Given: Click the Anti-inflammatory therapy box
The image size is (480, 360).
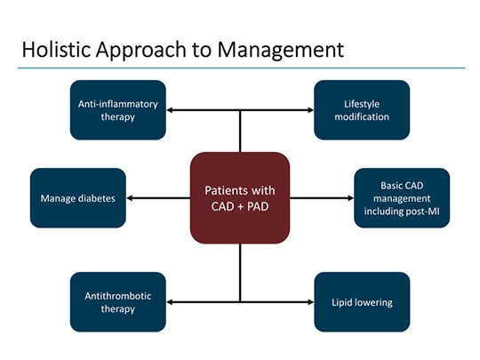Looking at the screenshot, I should (x=117, y=110).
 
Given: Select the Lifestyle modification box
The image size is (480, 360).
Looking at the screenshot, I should (x=362, y=110).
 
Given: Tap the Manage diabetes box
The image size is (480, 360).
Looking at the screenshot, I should (x=77, y=197).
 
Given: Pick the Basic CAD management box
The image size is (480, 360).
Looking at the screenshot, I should (x=402, y=197).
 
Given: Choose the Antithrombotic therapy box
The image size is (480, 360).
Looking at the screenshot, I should (x=117, y=302).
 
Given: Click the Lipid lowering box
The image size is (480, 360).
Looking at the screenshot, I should (x=362, y=302).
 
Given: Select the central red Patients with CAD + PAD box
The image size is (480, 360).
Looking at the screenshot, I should (x=240, y=197).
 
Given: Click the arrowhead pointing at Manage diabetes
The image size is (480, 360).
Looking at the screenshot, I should (x=131, y=197).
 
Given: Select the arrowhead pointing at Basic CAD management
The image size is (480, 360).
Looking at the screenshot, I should (x=349, y=197).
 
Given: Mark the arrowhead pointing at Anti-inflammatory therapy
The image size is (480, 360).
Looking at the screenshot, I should (x=171, y=110).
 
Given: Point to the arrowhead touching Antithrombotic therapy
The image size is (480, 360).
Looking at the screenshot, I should (x=171, y=302).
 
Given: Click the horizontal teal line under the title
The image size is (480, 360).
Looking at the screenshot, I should (x=240, y=68).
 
